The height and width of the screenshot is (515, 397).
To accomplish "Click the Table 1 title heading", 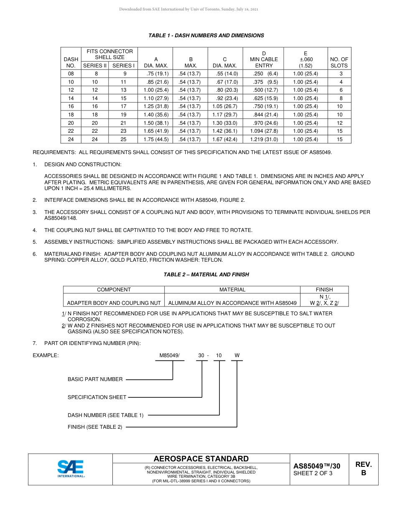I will (x=206, y=36).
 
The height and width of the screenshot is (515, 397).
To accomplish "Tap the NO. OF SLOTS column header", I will (x=339, y=62).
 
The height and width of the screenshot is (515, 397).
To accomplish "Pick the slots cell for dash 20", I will (x=339, y=123).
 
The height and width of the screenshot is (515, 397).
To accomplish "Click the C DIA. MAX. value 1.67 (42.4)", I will (x=225, y=139).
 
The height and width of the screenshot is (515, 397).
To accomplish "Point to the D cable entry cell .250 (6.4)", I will (x=263, y=74).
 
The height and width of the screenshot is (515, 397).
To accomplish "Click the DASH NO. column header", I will (x=71, y=62).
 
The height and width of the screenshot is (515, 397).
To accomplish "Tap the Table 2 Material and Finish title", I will (x=206, y=275).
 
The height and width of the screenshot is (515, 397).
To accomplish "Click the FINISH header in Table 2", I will (x=324, y=289).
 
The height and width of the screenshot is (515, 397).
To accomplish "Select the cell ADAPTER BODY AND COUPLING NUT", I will (x=114, y=303).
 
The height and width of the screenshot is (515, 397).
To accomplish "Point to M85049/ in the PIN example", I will (x=169, y=355).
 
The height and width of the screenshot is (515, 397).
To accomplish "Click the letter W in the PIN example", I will (x=237, y=355).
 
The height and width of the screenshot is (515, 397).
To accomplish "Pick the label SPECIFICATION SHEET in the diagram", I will (x=97, y=397).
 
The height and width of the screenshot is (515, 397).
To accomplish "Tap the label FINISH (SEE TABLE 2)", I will (x=95, y=427).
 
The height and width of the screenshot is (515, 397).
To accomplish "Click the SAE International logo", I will (x=71, y=469).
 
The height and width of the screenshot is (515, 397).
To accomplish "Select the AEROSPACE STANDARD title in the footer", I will (x=201, y=458).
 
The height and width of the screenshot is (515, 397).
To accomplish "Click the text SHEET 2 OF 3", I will (x=313, y=474).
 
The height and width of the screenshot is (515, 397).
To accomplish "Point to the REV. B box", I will (x=363, y=469).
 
